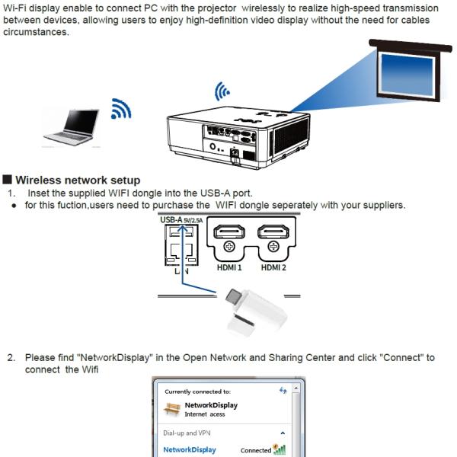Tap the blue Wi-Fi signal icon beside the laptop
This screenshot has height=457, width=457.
click(x=120, y=108)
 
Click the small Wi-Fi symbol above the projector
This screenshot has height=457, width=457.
click(x=222, y=93)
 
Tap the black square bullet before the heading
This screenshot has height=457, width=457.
click(x=8, y=181)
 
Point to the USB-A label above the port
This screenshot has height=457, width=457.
click(x=171, y=221)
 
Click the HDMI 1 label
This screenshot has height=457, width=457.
click(x=229, y=268)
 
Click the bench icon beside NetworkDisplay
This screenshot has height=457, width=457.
click(x=172, y=409)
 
